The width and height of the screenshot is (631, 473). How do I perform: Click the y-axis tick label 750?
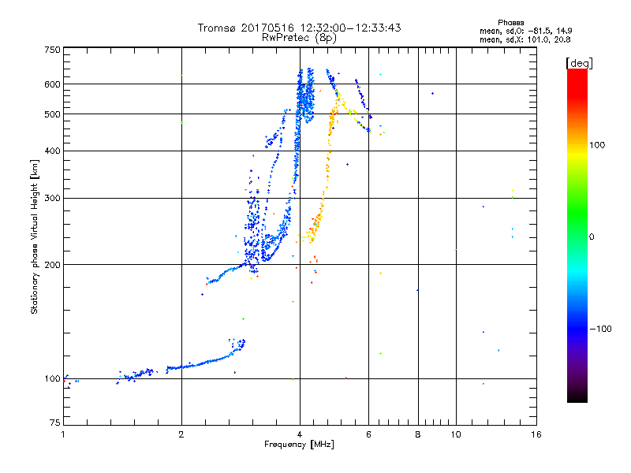coord(53,49)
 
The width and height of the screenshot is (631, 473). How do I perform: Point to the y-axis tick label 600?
coord(53,84)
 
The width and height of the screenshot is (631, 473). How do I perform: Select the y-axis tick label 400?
coord(53,151)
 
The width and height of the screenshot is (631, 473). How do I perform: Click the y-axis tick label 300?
coord(53,199)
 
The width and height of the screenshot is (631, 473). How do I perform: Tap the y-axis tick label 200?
coord(53,265)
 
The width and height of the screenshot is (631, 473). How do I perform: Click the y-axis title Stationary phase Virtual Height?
coord(35,236)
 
